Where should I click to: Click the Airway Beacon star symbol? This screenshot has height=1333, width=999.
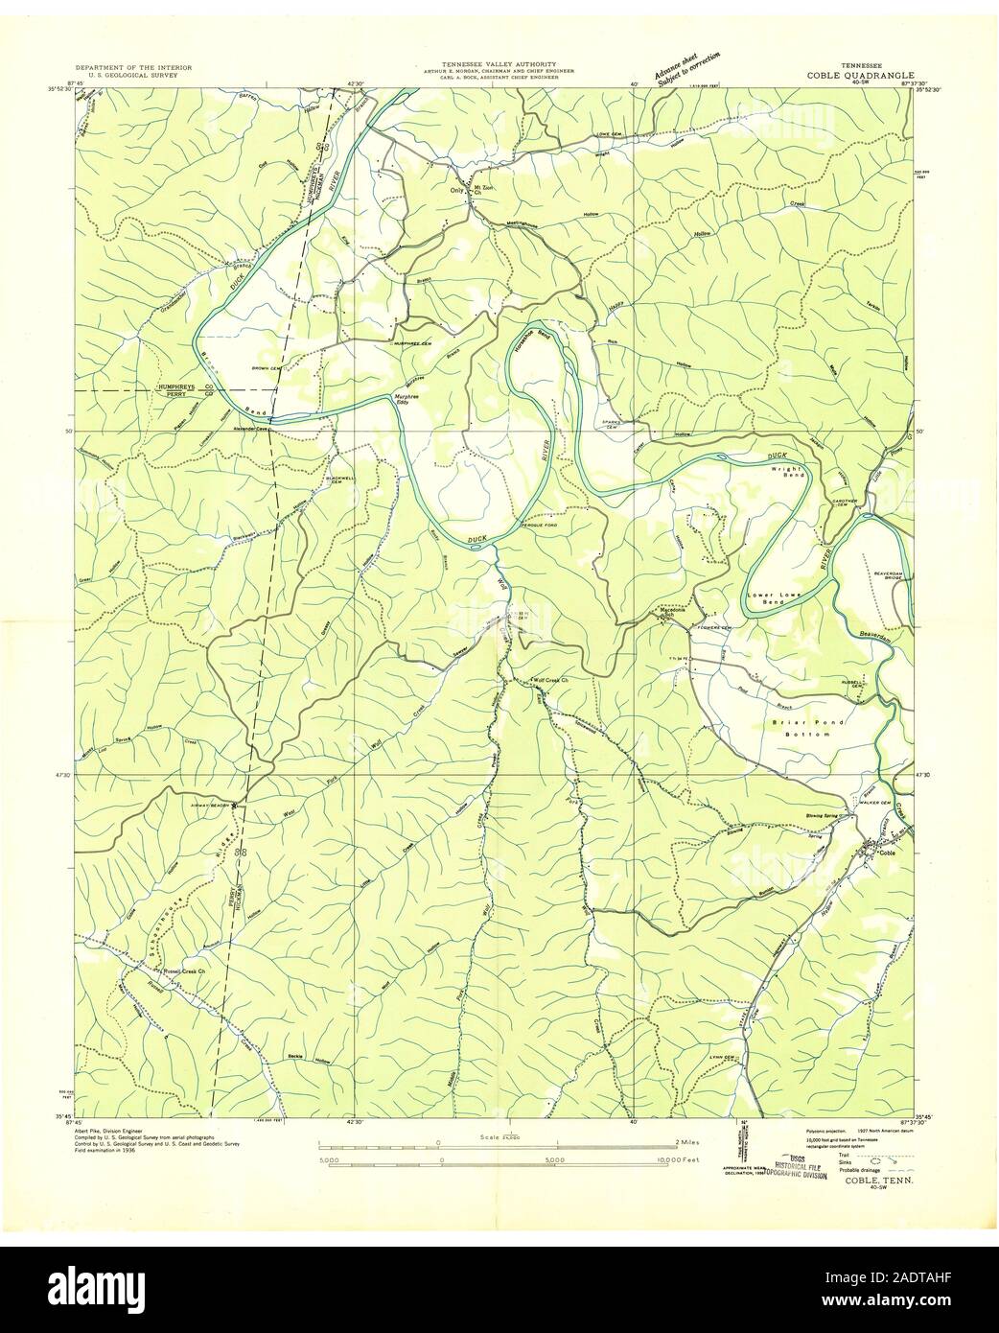pyautogui.click(x=235, y=806)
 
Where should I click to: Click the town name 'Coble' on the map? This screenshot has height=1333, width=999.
pyautogui.click(x=888, y=854)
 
